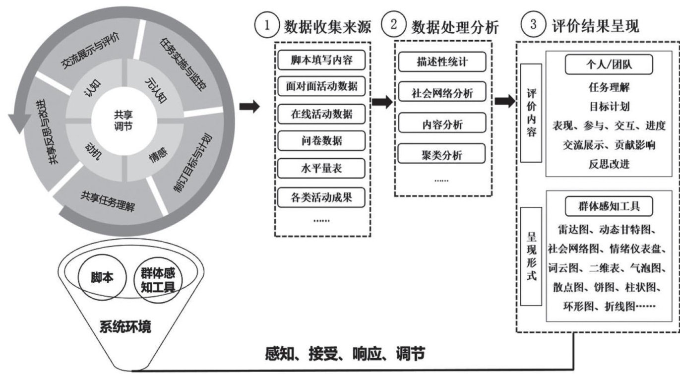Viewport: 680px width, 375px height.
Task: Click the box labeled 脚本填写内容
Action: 322,60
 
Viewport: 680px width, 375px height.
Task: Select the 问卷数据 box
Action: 322,141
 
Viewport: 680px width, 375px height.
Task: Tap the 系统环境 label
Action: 124,327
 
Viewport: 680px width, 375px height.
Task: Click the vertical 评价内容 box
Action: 531,114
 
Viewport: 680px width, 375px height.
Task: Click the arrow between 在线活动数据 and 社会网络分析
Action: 382,102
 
